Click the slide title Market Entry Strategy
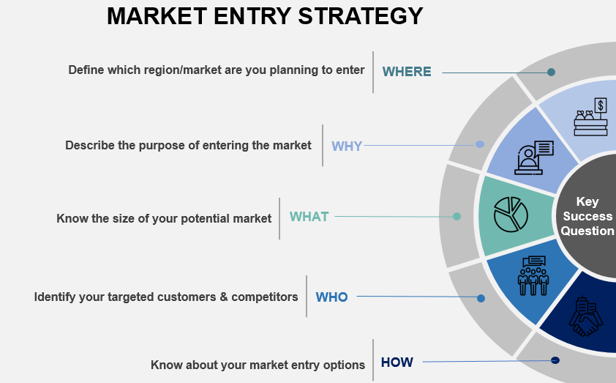(x=265, y=16)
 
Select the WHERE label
(x=407, y=72)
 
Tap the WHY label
(x=347, y=146)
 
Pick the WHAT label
(x=309, y=217)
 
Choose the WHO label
(x=331, y=297)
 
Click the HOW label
(x=397, y=362)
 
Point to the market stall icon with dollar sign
(x=592, y=116)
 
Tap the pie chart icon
(x=511, y=213)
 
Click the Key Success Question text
(x=587, y=216)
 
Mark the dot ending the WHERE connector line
(x=551, y=72)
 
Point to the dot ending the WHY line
(x=480, y=144)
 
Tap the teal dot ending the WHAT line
(x=457, y=216)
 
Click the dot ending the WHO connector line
(x=481, y=298)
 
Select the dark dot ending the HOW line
(x=555, y=360)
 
